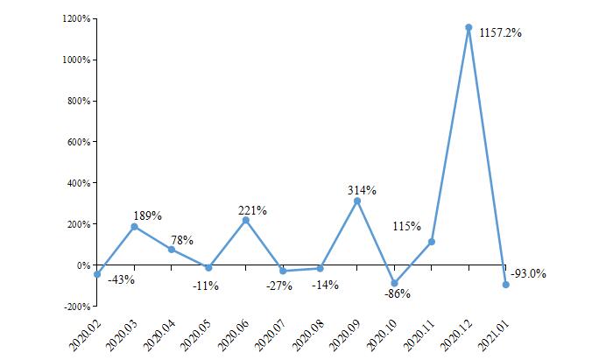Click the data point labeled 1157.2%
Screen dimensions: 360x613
(469, 27)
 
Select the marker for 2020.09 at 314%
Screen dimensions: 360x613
(357, 201)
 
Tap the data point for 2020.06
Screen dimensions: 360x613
(245, 220)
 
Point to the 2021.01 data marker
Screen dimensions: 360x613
(506, 285)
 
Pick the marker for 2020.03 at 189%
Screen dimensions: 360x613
(134, 226)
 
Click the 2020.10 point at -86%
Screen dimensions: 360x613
(394, 283)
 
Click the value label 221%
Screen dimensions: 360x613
(253, 210)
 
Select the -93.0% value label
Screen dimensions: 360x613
(528, 273)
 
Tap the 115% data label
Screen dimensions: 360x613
(406, 226)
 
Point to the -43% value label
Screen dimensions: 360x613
(121, 280)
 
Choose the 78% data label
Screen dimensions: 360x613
(181, 240)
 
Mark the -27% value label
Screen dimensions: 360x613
(279, 286)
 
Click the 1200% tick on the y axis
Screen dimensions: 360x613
(76, 18)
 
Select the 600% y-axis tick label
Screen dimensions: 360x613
(79, 142)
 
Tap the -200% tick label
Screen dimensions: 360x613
(76, 307)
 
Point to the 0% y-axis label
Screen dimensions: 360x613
(84, 265)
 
